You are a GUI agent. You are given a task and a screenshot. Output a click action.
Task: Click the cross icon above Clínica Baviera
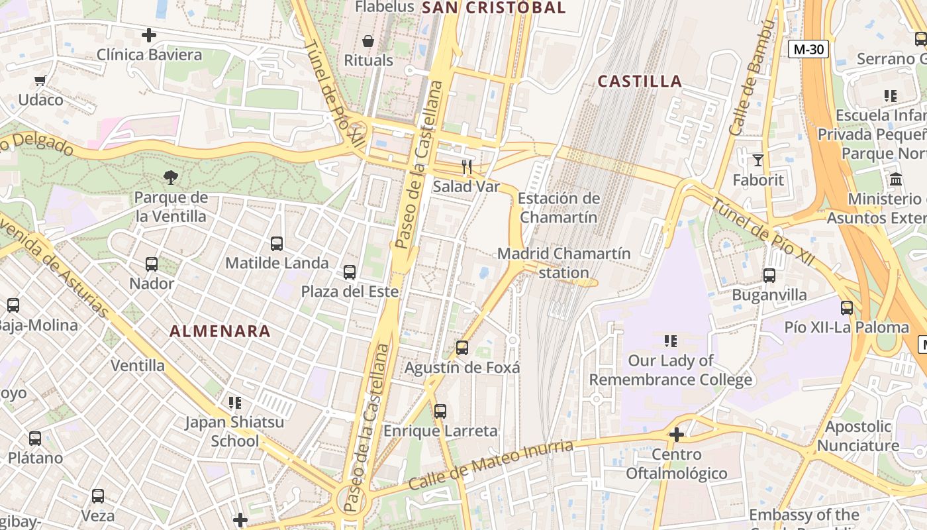point(149,35)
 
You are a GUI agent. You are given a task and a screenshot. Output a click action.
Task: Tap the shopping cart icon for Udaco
point(40,80)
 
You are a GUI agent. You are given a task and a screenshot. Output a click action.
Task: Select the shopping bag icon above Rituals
point(368,41)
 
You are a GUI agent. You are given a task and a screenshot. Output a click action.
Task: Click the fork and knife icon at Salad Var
point(467,167)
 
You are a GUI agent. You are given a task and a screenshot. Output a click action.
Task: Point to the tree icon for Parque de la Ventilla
point(171,177)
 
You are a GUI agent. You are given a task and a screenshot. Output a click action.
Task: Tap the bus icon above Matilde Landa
point(277,243)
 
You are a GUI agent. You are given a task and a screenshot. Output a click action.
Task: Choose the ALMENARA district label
point(220,331)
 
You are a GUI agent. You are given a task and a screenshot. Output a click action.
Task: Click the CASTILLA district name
point(640,81)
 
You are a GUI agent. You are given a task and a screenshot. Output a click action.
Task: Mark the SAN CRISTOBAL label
point(493,8)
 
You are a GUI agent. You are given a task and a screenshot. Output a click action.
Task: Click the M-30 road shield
point(808,48)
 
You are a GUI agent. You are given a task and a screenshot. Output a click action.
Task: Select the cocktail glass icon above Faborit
point(758,160)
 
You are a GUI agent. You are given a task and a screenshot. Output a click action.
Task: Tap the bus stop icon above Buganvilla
point(769,275)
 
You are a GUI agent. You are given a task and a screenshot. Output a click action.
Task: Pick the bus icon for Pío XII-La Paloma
point(847,307)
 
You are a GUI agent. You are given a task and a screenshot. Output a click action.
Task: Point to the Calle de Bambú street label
point(752,78)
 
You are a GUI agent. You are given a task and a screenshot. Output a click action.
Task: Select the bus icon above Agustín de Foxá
point(462,347)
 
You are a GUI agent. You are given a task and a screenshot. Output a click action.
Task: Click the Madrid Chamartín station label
point(563,263)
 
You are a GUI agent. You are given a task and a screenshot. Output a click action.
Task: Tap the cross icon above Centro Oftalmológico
point(676,435)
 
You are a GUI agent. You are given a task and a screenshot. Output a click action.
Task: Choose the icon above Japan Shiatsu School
point(234,402)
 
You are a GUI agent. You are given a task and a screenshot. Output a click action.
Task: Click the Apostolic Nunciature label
point(858,435)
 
